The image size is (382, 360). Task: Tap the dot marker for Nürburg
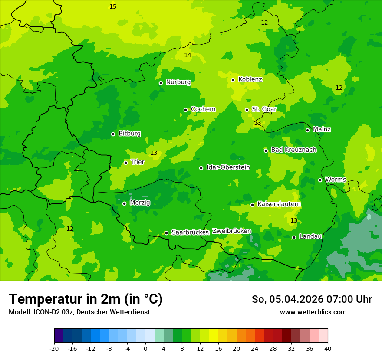coord(161,83)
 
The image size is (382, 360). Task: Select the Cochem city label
coord(203,109)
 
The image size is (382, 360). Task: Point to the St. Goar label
coord(264,109)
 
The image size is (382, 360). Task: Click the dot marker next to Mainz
coord(307,130)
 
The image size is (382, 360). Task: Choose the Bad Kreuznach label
coord(293,150)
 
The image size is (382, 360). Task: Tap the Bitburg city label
coord(129,134)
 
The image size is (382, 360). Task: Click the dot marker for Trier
coord(125,163)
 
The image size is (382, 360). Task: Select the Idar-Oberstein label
coord(228,167)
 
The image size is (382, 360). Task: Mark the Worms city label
coord(336,180)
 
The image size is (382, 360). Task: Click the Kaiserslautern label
coord(279,204)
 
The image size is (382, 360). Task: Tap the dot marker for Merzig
coord(124,203)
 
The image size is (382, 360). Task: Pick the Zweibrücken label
coord(231,231)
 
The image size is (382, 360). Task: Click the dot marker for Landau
coord(294,237)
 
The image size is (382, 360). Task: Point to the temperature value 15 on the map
coord(113,7)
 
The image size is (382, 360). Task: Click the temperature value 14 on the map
coord(188,55)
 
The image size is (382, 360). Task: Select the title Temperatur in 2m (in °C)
coord(86,299)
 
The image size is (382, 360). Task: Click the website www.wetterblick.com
coord(313,312)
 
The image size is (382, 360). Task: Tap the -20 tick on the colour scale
coord(54,348)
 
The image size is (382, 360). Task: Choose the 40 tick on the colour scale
coord(328,348)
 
